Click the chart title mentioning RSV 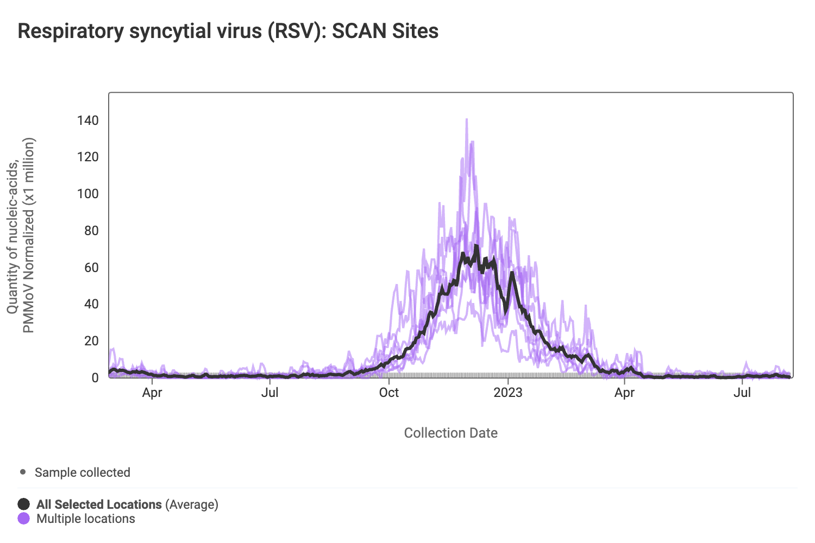click(228, 31)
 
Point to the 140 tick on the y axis click(88, 120)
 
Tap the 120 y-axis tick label click(88, 157)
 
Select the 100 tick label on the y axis click(88, 194)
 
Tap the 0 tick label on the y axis click(95, 377)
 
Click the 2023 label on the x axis click(508, 393)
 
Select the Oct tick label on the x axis click(389, 393)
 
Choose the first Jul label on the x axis click(270, 393)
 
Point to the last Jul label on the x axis click(742, 393)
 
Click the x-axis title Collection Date click(451, 433)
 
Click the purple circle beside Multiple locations click(24, 519)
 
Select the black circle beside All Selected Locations click(24, 504)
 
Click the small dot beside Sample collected click(23, 472)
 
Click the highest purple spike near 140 click(467, 119)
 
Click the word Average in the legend click(192, 504)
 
